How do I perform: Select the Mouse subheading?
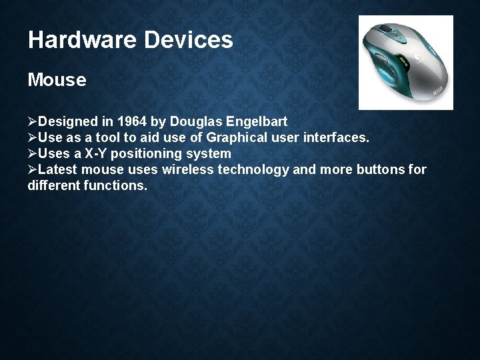tap(57, 81)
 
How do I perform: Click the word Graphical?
tap(238, 138)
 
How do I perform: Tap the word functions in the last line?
tap(115, 185)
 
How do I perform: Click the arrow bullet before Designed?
tap(33, 123)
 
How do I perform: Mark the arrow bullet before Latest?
tap(33, 169)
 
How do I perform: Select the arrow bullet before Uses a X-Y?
tap(33, 154)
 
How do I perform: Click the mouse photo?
tap(405, 63)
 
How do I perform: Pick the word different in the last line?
tap(54, 185)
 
